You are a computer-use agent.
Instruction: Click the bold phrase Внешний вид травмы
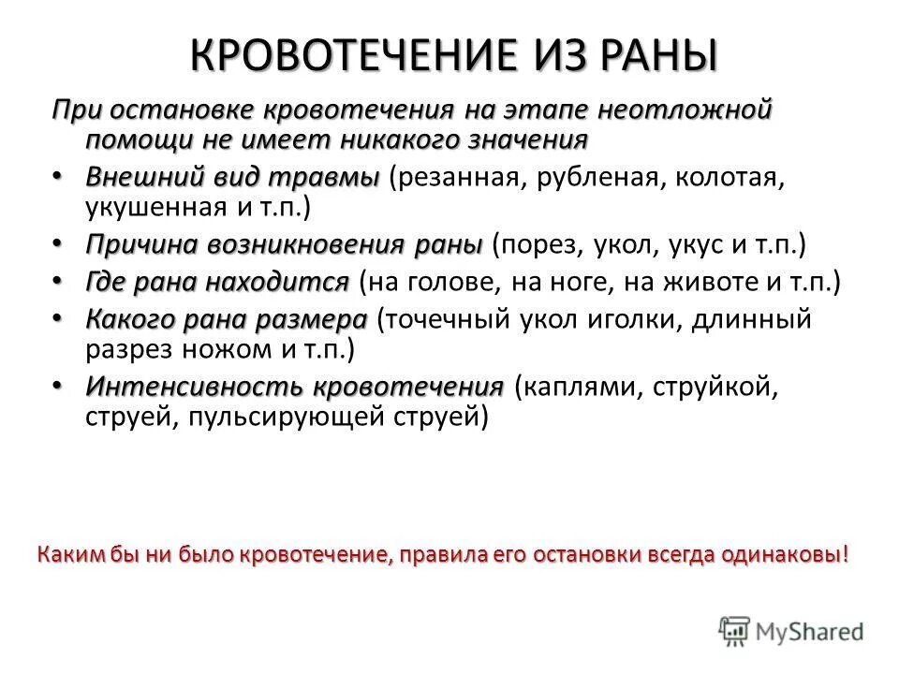pos(220,178)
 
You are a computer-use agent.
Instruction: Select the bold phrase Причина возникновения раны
pos(284,245)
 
